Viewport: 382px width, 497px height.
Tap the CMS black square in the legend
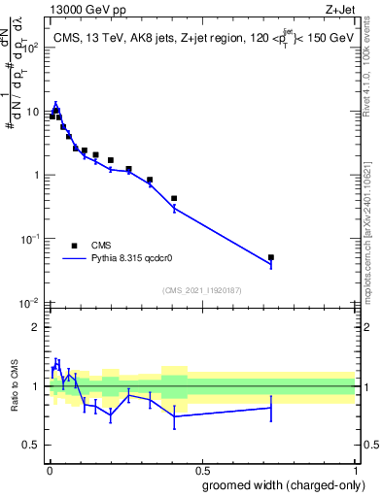coord(75,246)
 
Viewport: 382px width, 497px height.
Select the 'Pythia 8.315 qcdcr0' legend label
coord(136,259)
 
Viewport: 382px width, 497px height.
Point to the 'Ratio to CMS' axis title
coord(16,385)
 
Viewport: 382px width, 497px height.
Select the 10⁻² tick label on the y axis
coord(31,303)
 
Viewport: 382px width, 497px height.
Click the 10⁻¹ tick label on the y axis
coord(31,239)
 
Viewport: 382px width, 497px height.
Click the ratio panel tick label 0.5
coord(31,446)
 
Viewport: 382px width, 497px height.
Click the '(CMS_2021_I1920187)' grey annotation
coord(201,291)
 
